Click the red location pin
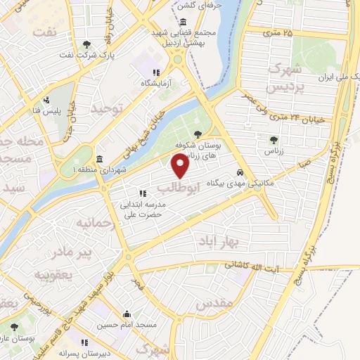[x=180, y=166]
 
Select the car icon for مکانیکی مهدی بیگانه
[x=240, y=172]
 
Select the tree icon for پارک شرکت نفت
[x=86, y=44]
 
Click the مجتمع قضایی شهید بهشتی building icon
[x=173, y=21]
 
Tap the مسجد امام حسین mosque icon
[x=127, y=314]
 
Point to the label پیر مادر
[x=55, y=252]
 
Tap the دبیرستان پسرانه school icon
[x=84, y=343]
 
